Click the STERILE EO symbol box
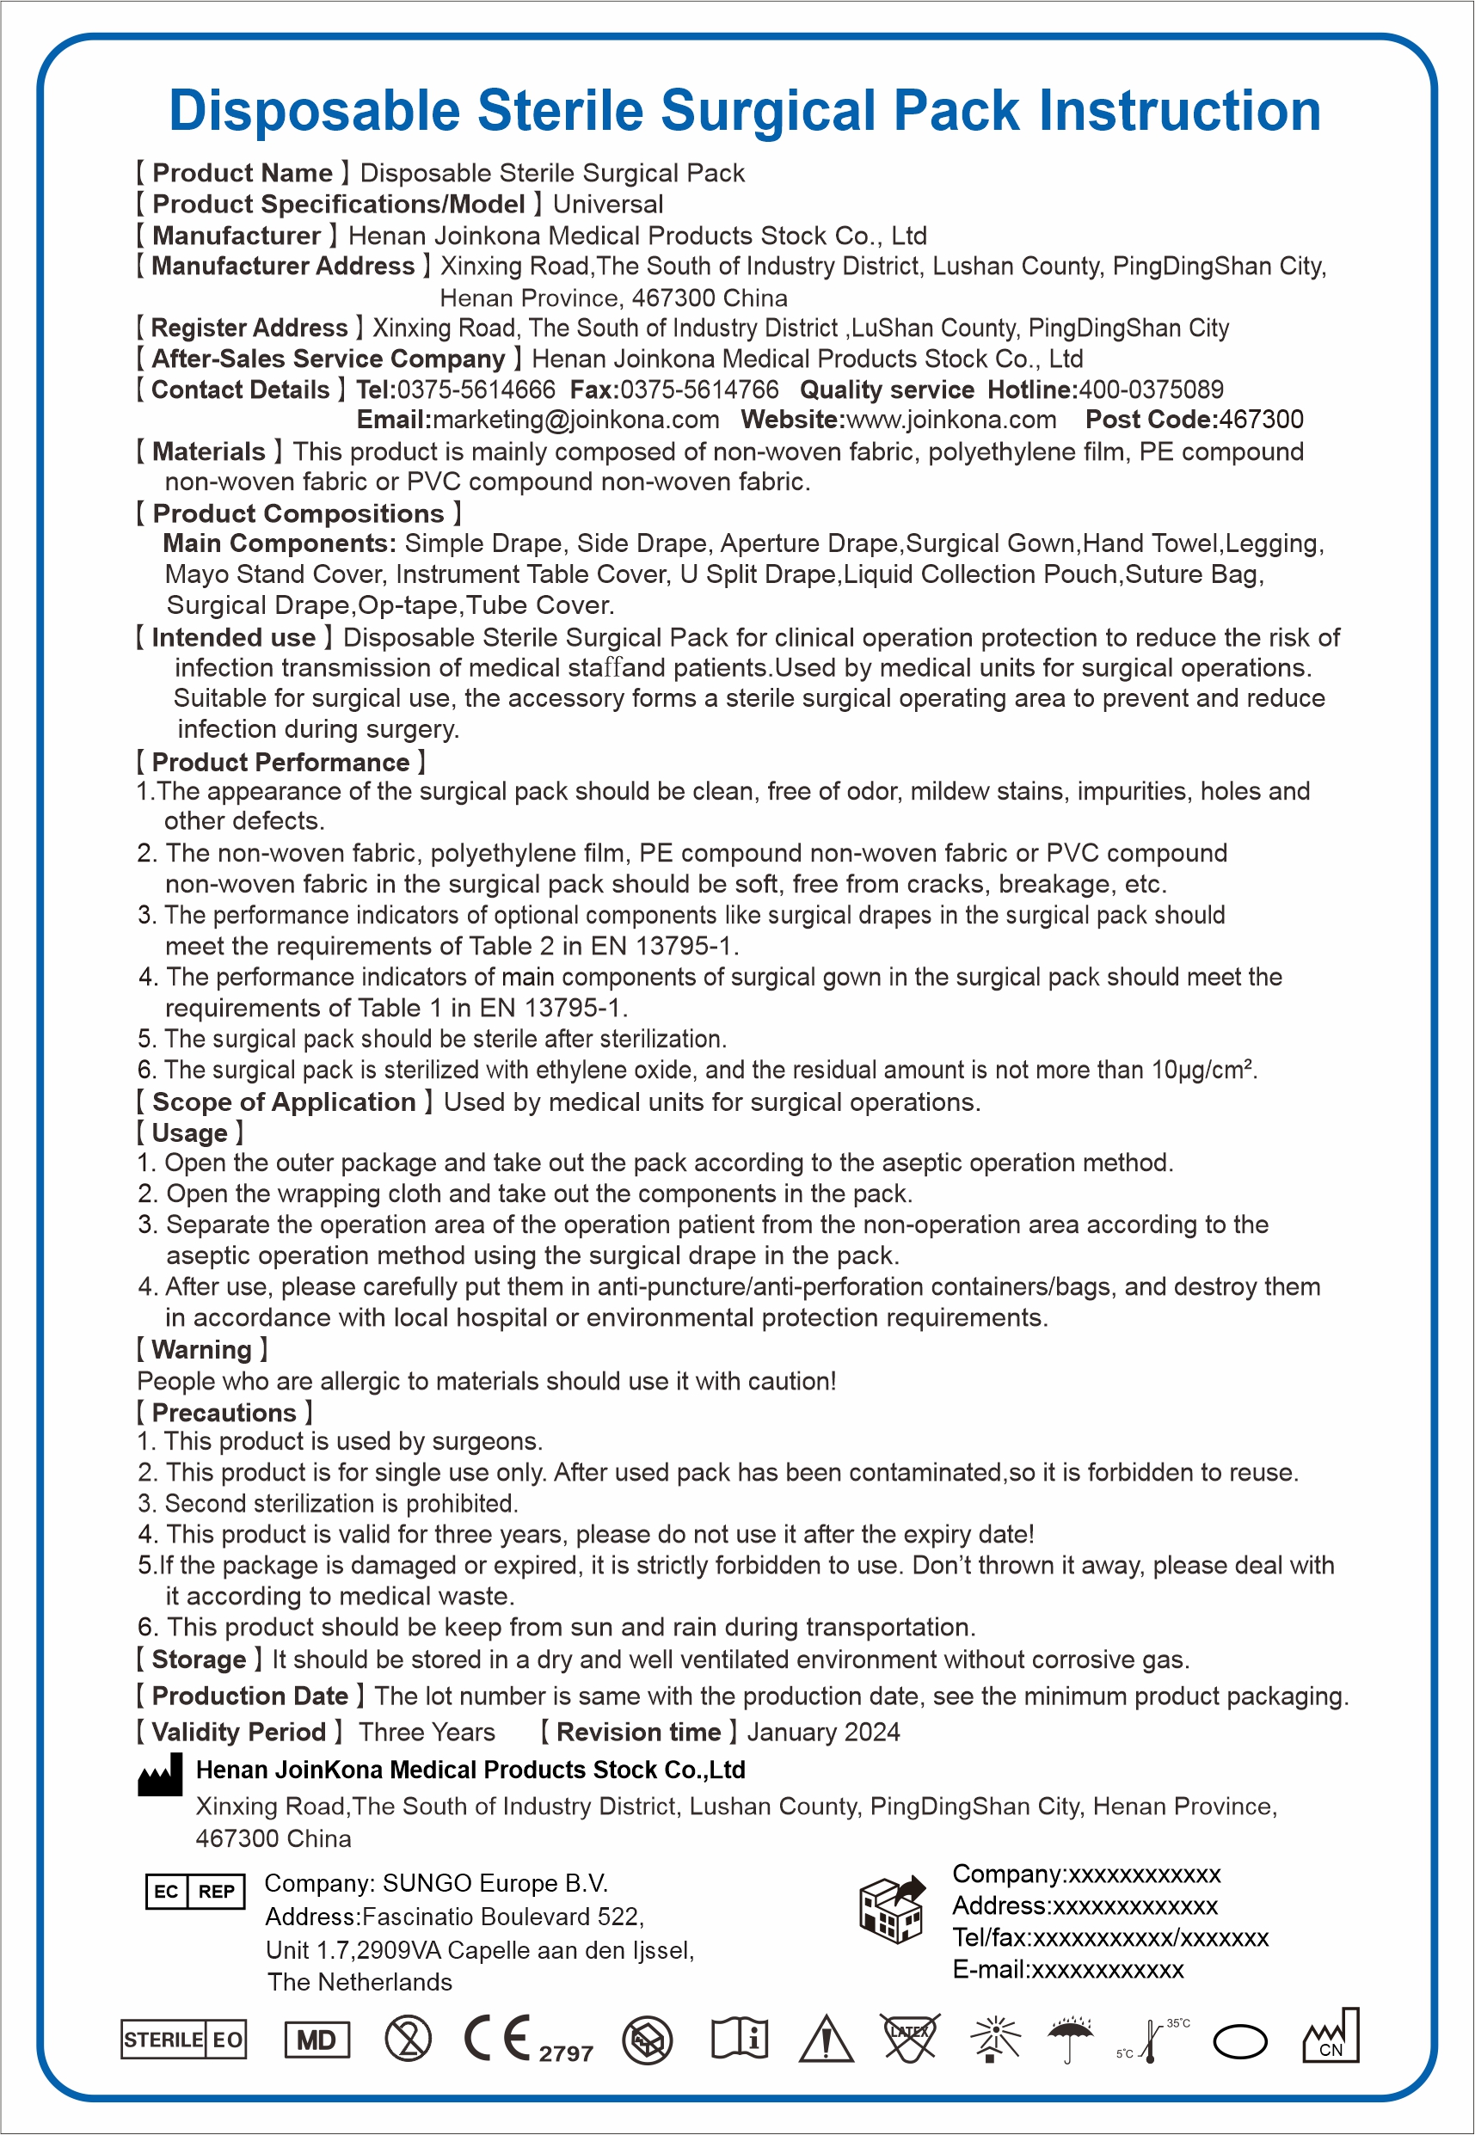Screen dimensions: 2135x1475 tap(184, 2039)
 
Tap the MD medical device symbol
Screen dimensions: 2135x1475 tap(317, 2040)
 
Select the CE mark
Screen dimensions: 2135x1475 tap(496, 2037)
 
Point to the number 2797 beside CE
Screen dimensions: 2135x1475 tap(566, 2052)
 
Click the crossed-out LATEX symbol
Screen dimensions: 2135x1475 tap(909, 2037)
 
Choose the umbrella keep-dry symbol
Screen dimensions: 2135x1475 tap(1070, 2038)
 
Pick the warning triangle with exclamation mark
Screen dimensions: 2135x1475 tap(826, 2039)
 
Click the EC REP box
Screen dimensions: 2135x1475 tap(195, 1891)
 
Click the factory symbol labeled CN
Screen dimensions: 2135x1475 tap(1331, 2036)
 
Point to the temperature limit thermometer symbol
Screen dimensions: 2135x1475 tap(1152, 2040)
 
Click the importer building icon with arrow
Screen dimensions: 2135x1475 tap(892, 1909)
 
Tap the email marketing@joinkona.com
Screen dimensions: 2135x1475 tap(575, 420)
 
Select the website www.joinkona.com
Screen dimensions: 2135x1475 tap(951, 420)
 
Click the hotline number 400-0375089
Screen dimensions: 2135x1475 tap(1151, 390)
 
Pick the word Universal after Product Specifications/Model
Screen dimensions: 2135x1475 tap(608, 204)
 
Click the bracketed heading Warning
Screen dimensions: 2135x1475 tap(201, 1350)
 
